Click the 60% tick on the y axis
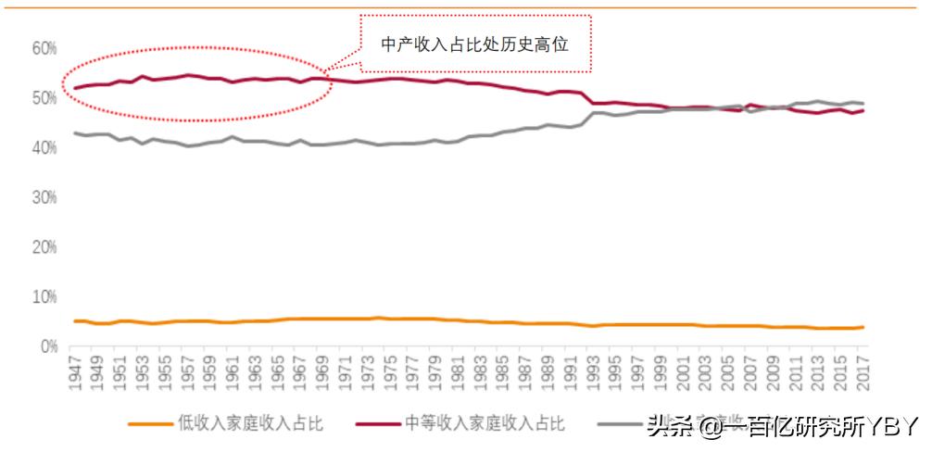pyautogui.click(x=44, y=47)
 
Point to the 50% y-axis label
pyautogui.click(x=44, y=97)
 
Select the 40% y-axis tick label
pyautogui.click(x=44, y=147)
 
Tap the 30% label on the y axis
pyautogui.click(x=44, y=197)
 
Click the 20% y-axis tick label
pyautogui.click(x=44, y=247)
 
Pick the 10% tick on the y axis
pyautogui.click(x=44, y=297)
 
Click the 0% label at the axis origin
pyautogui.click(x=48, y=347)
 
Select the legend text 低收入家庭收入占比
pyautogui.click(x=250, y=423)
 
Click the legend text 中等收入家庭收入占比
pyautogui.click(x=485, y=423)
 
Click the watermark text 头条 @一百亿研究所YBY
pyautogui.click(x=783, y=425)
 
